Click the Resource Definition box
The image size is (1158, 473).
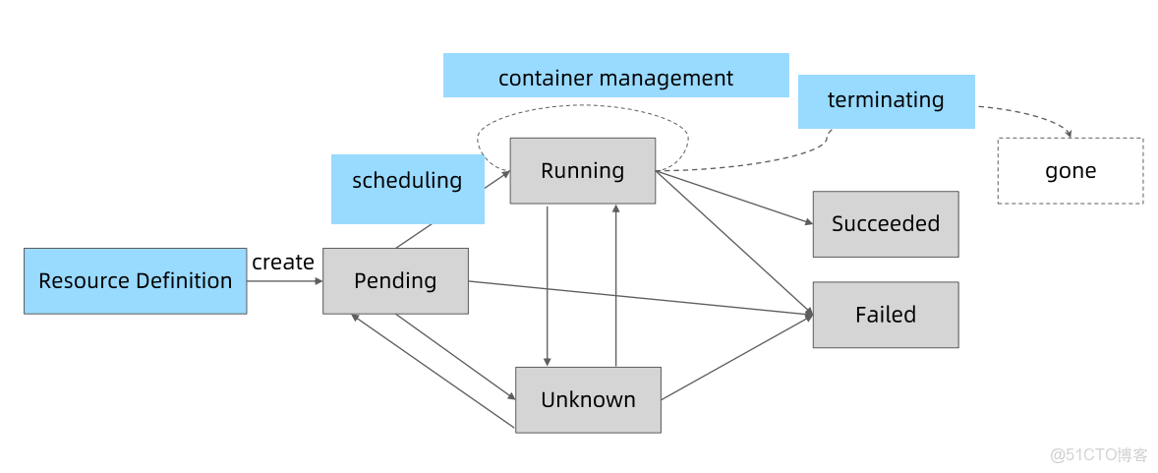pos(135,281)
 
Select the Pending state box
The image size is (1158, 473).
pos(395,281)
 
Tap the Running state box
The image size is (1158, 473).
pos(582,171)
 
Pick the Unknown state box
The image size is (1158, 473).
pos(588,400)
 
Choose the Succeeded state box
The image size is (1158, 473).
pos(885,224)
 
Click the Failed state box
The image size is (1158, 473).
pos(885,315)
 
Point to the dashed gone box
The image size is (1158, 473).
pos(1070,171)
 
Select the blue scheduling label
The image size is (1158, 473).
pos(407,181)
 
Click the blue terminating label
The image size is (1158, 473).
pos(885,100)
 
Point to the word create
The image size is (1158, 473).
pos(283,263)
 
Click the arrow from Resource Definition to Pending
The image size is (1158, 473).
pos(284,281)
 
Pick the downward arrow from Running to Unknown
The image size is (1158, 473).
pos(547,285)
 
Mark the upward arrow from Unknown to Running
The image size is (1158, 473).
pos(616,285)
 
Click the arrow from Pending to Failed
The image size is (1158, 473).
pos(639,298)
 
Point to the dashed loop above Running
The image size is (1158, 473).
pos(582,106)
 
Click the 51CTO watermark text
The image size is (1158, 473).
pos(1099,455)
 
